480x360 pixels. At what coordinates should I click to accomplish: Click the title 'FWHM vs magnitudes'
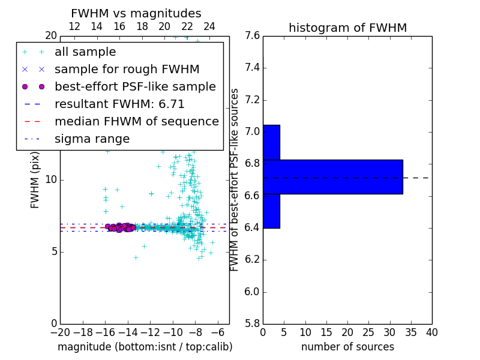(136, 13)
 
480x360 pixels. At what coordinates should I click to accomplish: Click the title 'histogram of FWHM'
(347, 28)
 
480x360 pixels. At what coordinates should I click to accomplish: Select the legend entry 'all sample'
(85, 52)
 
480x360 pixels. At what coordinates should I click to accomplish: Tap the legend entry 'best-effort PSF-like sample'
(135, 86)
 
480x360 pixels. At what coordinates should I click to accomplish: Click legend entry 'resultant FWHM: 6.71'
(119, 104)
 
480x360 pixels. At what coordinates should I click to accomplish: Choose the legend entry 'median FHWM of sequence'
(136, 121)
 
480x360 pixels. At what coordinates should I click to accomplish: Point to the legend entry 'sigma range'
(92, 139)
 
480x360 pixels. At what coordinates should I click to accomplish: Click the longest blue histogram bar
(332, 177)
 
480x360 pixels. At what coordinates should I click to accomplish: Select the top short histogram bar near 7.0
(271, 142)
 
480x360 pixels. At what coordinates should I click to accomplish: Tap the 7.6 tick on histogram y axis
(252, 36)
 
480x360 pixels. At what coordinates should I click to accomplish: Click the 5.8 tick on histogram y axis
(252, 324)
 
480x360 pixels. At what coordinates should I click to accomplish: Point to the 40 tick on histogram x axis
(431, 332)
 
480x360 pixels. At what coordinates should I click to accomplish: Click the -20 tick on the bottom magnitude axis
(60, 332)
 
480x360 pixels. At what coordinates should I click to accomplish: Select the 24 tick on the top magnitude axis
(209, 26)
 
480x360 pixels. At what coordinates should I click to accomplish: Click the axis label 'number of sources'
(347, 347)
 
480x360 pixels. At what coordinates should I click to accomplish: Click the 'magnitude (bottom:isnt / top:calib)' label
(145, 347)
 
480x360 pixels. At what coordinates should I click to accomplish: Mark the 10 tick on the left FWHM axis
(51, 180)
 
